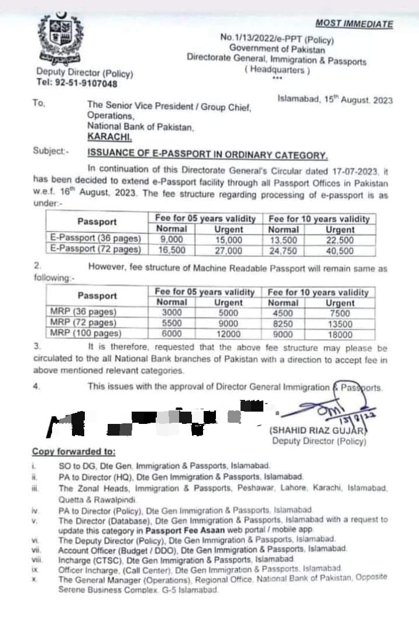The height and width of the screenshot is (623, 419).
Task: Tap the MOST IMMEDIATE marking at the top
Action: (354, 23)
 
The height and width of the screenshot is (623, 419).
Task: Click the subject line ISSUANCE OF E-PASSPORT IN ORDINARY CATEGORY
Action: (207, 155)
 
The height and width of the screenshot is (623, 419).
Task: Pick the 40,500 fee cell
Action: (340, 250)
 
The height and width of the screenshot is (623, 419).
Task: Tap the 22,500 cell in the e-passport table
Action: (340, 240)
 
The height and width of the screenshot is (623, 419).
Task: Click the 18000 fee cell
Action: (340, 334)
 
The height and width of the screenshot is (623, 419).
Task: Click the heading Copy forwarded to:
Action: (74, 452)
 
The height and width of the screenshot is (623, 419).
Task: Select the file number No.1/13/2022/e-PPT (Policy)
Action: (277, 38)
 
